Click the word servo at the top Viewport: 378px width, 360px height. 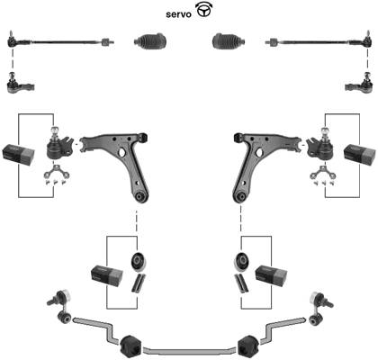coord(178,14)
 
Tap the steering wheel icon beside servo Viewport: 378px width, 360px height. coord(203,10)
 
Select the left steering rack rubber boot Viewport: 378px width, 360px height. coord(150,40)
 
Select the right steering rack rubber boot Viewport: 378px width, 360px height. coord(229,40)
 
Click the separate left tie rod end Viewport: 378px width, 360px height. coord(20,84)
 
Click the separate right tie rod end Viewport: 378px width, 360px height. coord(358,84)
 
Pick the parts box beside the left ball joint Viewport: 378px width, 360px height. coord(18,155)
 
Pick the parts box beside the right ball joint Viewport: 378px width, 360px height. coord(359,155)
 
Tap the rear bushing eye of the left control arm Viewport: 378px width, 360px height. coord(139,196)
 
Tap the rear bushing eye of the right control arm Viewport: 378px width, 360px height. coord(239,196)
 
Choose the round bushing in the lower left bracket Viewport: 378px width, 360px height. coord(139,261)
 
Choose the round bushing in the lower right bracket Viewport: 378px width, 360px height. coord(241,261)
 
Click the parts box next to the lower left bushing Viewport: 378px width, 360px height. coord(107,275)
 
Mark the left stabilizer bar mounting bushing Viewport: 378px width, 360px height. coord(130,346)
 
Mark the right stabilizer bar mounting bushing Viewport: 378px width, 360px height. coord(248,346)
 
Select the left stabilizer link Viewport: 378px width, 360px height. coord(60,306)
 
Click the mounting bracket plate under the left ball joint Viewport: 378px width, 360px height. coord(56,172)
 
